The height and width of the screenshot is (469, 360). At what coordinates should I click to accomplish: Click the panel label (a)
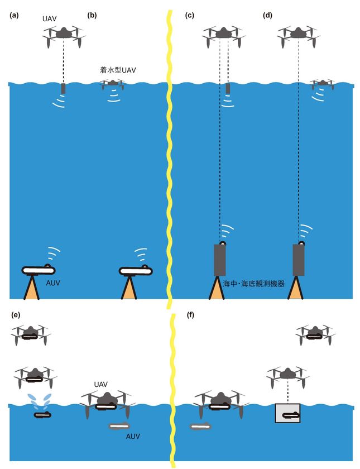[x=14, y=16]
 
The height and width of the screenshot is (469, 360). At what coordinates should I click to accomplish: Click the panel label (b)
[x=92, y=16]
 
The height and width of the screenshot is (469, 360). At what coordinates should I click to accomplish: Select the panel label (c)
[x=189, y=16]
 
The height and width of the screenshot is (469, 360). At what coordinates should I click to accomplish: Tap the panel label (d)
[x=267, y=16]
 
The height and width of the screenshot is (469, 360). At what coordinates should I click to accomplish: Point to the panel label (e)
[x=16, y=315]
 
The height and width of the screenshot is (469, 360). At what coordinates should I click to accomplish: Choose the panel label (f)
[x=191, y=315]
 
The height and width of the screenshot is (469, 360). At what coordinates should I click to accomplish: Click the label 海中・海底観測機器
[x=254, y=284]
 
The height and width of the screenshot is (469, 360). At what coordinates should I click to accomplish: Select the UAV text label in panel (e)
[x=101, y=385]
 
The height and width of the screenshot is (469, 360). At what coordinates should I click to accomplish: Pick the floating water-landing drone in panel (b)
[x=113, y=84]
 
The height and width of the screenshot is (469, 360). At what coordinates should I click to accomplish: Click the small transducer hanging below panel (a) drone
[x=63, y=89]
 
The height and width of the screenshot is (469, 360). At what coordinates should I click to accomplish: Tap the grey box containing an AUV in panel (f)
[x=287, y=413]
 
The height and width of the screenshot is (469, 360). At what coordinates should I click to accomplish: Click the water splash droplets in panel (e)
[x=40, y=400]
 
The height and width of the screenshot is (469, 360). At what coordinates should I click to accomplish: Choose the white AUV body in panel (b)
[x=136, y=271]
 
